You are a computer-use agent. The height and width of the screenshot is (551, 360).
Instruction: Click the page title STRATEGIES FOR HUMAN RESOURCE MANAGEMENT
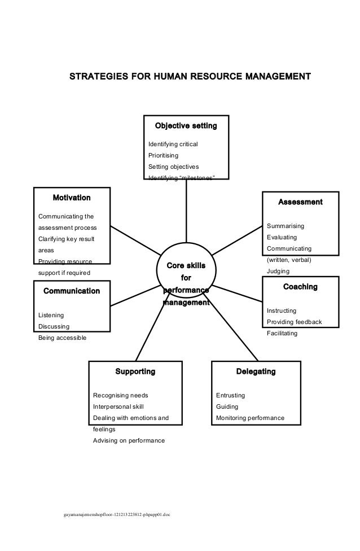coord(190,76)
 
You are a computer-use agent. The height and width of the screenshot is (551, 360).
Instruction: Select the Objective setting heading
coord(186,124)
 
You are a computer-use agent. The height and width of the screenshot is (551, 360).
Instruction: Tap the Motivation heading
coord(72,198)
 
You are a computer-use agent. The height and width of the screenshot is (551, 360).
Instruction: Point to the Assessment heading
coord(300,202)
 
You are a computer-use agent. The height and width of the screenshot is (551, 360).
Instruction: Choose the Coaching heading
coord(300,287)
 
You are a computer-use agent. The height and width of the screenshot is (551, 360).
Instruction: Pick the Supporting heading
coord(135,371)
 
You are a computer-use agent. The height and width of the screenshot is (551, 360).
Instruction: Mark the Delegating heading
coord(256,371)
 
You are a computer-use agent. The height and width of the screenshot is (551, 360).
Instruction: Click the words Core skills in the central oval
coord(186,265)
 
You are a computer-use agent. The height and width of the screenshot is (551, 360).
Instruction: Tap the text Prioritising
coord(163,155)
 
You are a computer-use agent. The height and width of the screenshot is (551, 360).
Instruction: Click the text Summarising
coord(286,226)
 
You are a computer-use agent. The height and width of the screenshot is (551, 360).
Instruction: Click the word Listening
coord(51,315)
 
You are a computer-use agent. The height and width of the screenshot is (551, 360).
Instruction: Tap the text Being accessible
coord(62,338)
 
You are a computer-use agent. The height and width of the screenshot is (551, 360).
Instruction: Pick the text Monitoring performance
coord(250,418)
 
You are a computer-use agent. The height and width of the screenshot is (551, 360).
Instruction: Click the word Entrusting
coord(231,395)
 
